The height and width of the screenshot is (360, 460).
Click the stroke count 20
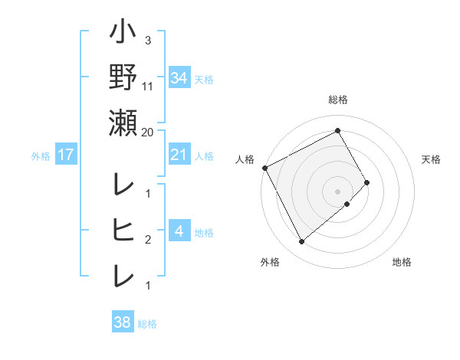tap(148, 132)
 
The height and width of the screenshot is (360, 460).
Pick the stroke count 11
tap(148, 87)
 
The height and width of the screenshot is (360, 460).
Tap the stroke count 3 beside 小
tap(147, 41)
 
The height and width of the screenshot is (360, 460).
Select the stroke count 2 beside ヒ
tap(147, 240)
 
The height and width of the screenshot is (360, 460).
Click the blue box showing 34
tap(179, 77)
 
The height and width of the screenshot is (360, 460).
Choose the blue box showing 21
tap(179, 155)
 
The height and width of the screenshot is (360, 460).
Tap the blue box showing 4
tap(179, 231)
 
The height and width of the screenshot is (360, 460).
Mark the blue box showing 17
tap(66, 155)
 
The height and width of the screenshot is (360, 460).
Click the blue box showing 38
tap(122, 323)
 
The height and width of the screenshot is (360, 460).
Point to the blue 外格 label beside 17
tap(41, 156)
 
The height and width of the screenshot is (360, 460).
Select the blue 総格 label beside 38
tap(147, 324)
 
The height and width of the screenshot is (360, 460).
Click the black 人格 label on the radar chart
tap(245, 159)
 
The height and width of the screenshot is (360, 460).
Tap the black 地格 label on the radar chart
tap(402, 262)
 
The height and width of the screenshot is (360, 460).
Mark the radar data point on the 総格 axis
tap(338, 130)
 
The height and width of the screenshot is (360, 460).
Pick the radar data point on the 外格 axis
tap(301, 242)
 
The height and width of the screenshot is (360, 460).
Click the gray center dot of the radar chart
tap(337, 190)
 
